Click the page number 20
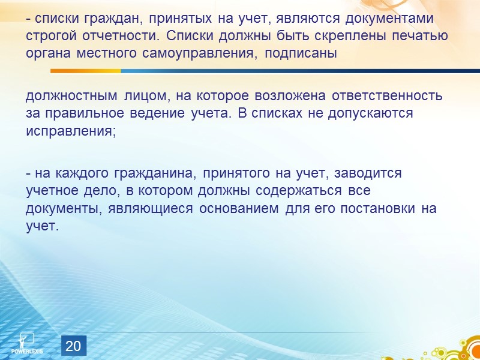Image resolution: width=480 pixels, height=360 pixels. click(x=73, y=346)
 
